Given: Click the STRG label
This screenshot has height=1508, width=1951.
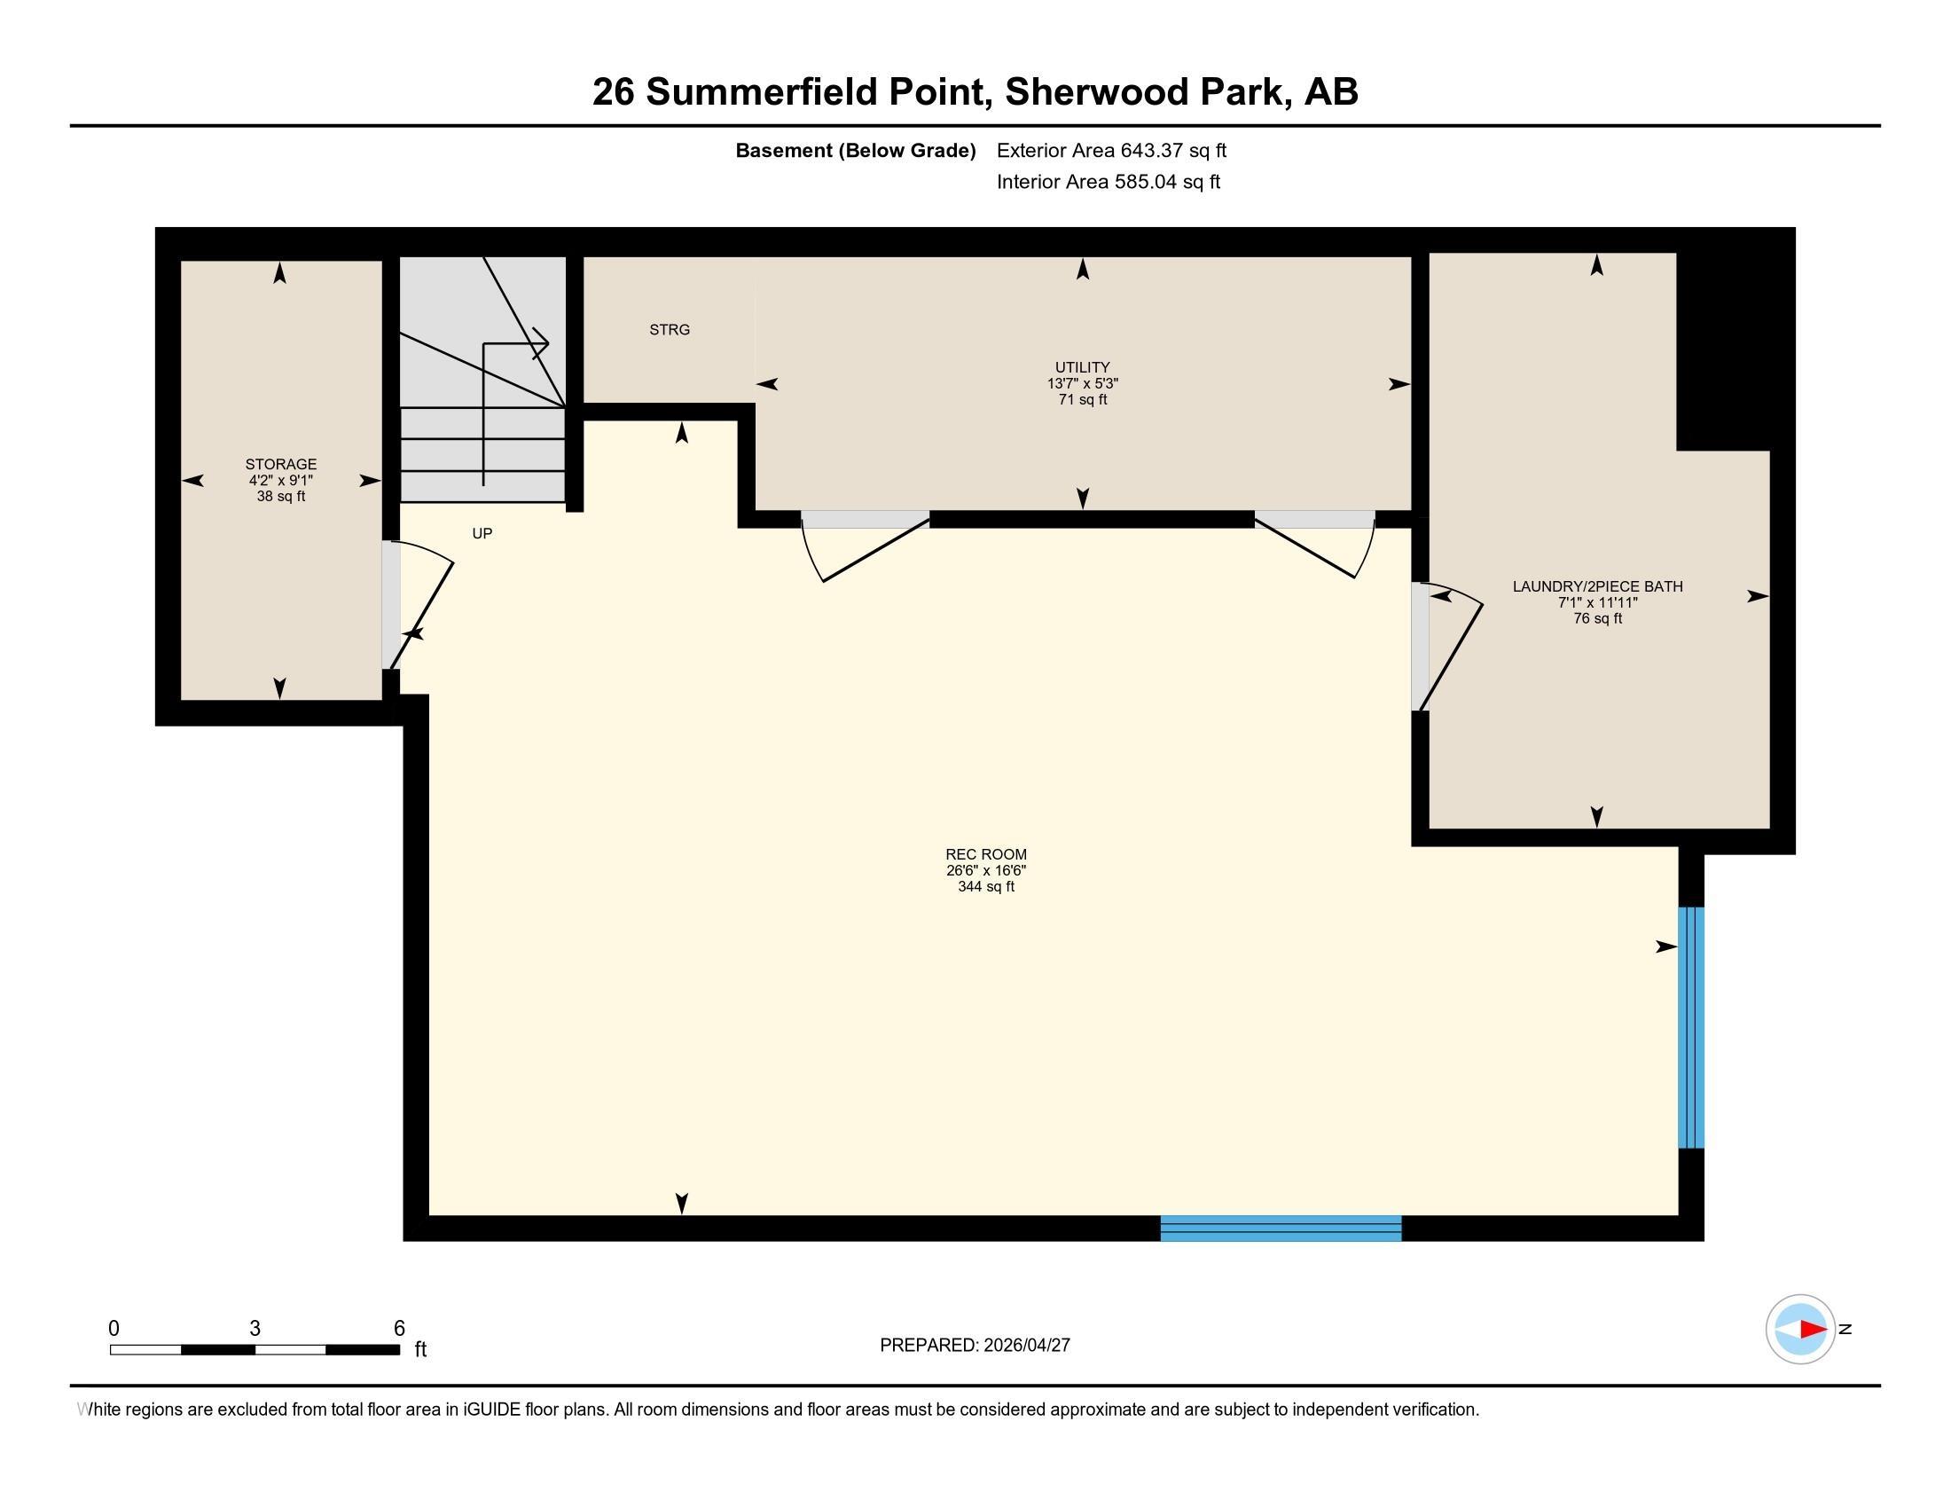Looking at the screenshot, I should coord(669,330).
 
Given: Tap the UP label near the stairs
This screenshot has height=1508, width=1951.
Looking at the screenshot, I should coord(482,533).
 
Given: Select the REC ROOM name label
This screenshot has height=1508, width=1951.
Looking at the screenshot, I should coord(986,854).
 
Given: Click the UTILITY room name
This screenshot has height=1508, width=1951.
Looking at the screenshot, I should coord(1082,367).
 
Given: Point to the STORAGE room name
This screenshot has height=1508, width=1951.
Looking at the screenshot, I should coord(280,464).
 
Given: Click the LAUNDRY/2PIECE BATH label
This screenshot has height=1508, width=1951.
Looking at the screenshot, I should coord(1597,586).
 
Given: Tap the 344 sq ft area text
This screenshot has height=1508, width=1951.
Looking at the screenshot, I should coord(986,886).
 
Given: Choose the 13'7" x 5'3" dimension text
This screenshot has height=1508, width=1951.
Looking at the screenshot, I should coord(1082,383).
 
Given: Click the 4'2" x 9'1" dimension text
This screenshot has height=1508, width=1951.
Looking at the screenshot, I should coord(280,480).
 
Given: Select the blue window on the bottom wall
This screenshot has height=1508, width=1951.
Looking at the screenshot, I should coord(1280,1229).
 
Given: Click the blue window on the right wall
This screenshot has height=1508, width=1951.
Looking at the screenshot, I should coord(1691,1027).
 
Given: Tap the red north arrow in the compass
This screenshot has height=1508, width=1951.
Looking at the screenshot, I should coord(1812,1330).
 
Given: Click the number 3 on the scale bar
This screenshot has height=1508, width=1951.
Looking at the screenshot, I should coord(255,1329).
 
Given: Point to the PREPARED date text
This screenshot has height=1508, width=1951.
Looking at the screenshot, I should coord(975,1346).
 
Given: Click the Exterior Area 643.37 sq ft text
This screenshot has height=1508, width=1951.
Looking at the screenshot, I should coord(1111,151).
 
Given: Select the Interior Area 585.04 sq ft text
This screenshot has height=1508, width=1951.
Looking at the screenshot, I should coord(1108,182).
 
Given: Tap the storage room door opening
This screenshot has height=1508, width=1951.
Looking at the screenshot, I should coord(390,605).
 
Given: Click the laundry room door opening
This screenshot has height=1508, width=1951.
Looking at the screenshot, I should coord(1420,646).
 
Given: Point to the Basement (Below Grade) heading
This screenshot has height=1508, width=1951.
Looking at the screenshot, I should coord(855,151).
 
